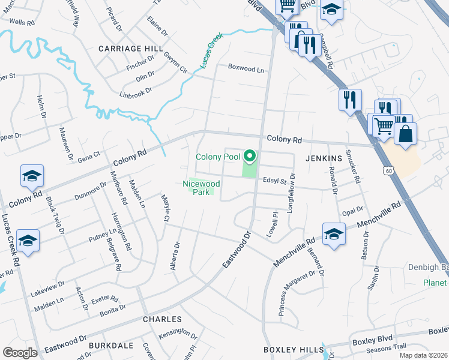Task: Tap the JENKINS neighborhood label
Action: (x=324, y=158)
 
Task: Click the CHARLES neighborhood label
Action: (x=162, y=319)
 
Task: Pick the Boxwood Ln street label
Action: (x=246, y=69)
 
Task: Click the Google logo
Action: (x=20, y=352)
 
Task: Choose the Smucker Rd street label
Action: (x=356, y=166)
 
